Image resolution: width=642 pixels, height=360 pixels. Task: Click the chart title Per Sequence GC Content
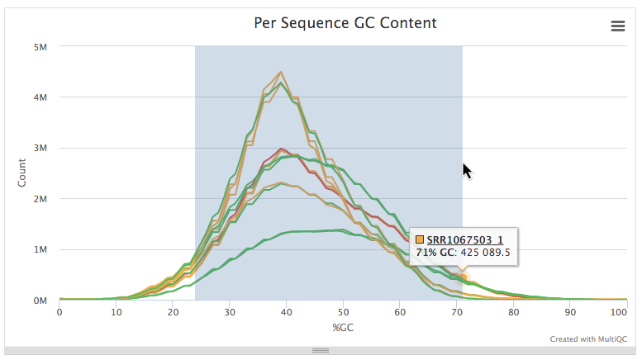345,23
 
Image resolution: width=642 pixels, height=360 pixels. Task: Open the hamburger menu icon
617,26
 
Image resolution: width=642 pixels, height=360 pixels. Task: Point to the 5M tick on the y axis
40,47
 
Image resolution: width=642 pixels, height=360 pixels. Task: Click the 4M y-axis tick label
40,97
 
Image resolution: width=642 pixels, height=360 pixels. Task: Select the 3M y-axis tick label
40,149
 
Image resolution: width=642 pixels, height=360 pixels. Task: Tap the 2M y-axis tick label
40,199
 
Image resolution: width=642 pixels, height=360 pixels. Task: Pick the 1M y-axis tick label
40,250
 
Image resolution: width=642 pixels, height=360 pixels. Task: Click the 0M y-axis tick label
40,301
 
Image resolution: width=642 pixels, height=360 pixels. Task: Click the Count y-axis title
22,173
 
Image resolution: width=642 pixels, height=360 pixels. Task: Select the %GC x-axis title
343,328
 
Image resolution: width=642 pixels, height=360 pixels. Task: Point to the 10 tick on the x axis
116,313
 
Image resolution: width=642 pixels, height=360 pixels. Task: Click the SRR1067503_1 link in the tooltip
464,239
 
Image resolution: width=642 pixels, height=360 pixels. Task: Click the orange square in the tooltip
420,239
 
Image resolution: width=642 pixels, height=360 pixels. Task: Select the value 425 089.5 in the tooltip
486,253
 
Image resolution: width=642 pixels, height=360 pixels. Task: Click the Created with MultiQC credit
588,339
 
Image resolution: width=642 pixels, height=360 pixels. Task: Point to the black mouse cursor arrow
466,170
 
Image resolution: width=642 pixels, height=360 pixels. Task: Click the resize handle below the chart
321,351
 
